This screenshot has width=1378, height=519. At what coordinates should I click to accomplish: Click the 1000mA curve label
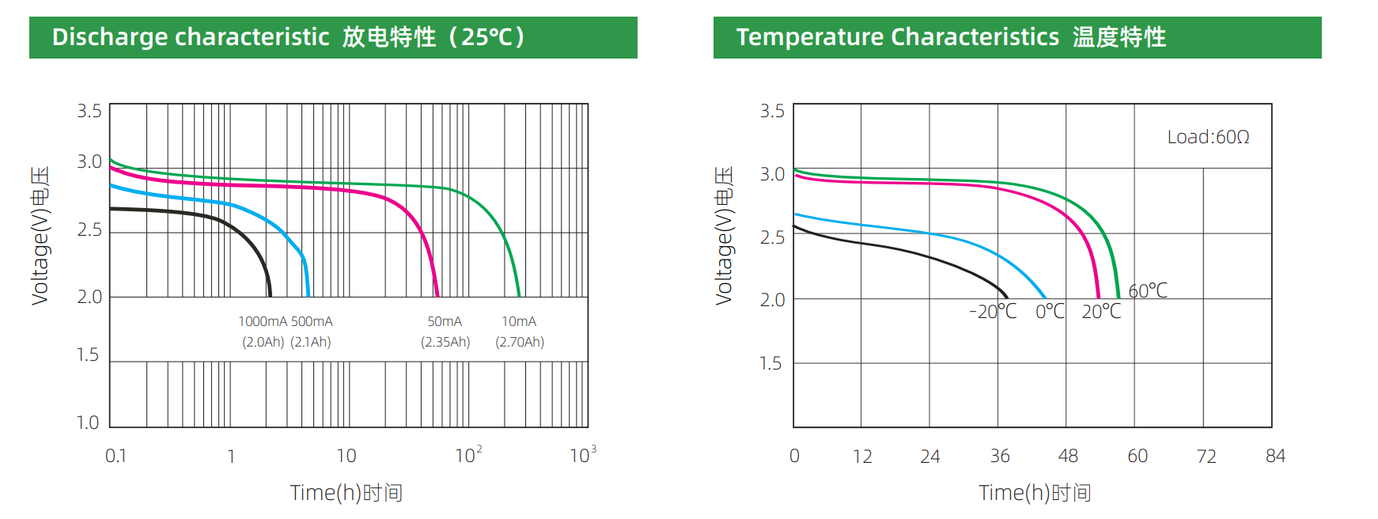pyautogui.click(x=263, y=321)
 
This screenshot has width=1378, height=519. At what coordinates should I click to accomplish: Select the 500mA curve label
pyautogui.click(x=312, y=321)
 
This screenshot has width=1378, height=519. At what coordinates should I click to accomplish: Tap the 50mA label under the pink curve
pyautogui.click(x=445, y=321)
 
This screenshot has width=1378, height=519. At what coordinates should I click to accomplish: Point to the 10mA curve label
pyautogui.click(x=519, y=321)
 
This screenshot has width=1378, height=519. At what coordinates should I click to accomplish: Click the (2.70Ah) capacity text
pyautogui.click(x=520, y=342)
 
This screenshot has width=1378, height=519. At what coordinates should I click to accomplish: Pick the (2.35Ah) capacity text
pyautogui.click(x=445, y=342)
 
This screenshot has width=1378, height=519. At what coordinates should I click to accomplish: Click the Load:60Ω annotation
pyautogui.click(x=1208, y=137)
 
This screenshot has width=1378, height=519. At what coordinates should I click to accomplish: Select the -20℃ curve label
pyautogui.click(x=993, y=312)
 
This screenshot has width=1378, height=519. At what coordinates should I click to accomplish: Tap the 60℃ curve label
pyautogui.click(x=1148, y=291)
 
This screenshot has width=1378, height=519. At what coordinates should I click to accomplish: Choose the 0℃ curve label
pyautogui.click(x=1050, y=312)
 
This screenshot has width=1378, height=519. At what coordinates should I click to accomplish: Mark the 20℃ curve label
pyautogui.click(x=1101, y=312)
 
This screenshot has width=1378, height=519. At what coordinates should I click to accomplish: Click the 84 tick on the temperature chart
pyautogui.click(x=1275, y=456)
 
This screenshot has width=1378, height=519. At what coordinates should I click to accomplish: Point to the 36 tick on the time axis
pyautogui.click(x=1000, y=456)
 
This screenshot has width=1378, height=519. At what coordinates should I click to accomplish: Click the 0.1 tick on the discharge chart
pyautogui.click(x=115, y=456)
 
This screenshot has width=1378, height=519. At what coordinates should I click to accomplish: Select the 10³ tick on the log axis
pyautogui.click(x=582, y=455)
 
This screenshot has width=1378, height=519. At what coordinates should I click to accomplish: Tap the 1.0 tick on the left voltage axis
pyautogui.click(x=88, y=422)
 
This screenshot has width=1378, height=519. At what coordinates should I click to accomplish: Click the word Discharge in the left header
pyautogui.click(x=110, y=37)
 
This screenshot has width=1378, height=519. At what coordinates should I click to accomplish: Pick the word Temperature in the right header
pyautogui.click(x=810, y=37)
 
